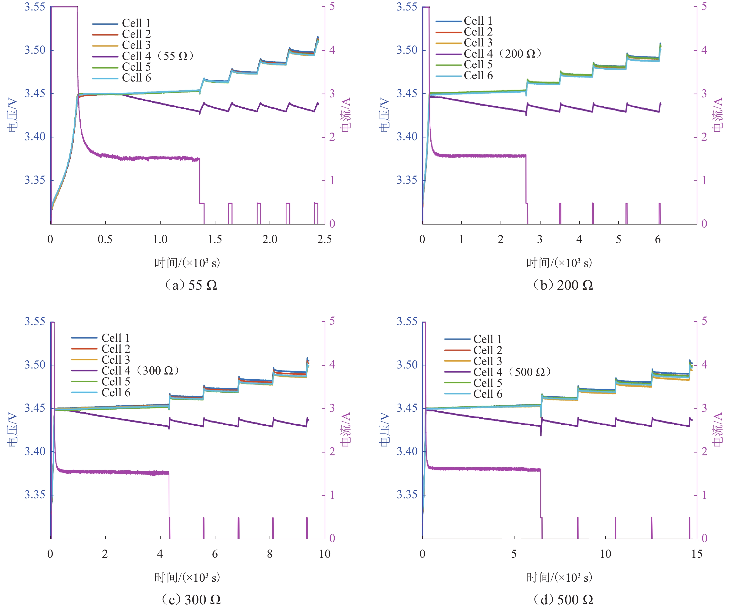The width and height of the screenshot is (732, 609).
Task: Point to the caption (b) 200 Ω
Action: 563,285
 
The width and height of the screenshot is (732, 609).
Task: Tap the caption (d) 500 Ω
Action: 563,600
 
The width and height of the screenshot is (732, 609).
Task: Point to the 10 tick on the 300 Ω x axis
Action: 324,554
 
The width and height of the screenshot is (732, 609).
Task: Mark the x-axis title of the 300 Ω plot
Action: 187,578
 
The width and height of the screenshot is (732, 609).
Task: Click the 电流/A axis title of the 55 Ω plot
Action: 346,115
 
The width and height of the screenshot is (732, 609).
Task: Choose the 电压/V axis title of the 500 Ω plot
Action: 384,430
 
